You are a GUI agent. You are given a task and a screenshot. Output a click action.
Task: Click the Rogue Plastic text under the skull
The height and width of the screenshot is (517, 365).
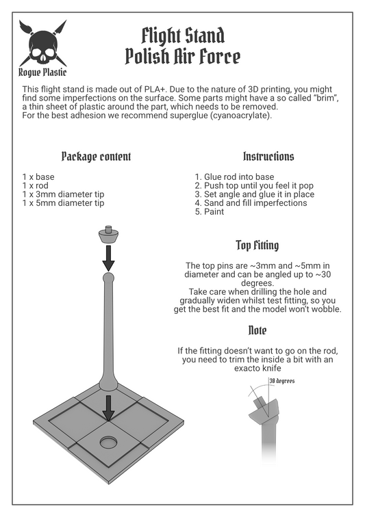point(42,72)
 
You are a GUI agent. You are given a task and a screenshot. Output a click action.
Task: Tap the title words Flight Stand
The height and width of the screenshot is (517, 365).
point(183,36)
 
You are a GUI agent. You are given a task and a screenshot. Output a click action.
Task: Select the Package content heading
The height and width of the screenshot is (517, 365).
point(96,157)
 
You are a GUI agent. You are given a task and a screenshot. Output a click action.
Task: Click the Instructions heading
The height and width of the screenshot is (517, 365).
point(268,156)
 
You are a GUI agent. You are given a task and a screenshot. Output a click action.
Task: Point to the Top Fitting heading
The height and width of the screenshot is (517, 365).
point(257,246)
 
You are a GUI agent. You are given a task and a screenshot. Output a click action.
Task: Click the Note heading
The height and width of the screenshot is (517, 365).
point(257,330)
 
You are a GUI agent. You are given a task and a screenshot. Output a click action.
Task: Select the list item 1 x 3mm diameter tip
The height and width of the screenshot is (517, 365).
point(63,194)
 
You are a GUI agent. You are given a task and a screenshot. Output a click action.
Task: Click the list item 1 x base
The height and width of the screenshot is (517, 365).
point(38,176)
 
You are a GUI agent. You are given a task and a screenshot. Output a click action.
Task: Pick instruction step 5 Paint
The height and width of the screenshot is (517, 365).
point(210,212)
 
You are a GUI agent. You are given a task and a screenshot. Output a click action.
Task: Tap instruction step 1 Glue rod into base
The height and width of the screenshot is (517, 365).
point(234,176)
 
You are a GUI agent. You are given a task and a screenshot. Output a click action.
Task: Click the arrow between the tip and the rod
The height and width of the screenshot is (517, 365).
point(108,258)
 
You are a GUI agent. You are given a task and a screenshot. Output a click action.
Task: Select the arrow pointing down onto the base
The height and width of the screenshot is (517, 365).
point(108,408)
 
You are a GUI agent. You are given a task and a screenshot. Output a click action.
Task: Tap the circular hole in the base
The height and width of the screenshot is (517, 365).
point(109,442)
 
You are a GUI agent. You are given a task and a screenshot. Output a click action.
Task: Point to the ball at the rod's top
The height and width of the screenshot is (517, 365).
point(109,277)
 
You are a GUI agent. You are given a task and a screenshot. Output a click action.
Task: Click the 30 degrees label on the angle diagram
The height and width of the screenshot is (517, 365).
point(281,381)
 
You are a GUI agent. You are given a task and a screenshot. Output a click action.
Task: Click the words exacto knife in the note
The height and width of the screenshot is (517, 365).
point(257,369)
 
